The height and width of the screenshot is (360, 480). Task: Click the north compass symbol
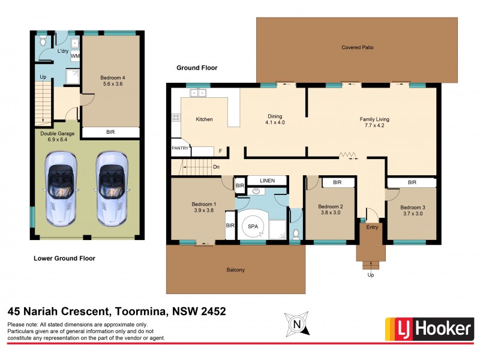296,323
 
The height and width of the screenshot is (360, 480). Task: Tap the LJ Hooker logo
428,329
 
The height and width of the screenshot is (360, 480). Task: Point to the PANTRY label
180,148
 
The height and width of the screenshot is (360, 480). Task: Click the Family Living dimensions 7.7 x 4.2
374,127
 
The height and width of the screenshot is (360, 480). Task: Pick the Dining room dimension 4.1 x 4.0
275,123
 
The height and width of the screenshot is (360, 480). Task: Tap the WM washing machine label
76,56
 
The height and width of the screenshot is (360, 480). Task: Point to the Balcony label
236,270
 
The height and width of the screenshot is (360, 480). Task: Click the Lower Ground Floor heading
64,259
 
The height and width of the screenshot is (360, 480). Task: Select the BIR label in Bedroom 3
412,182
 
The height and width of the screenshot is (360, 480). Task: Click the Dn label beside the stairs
216,167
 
